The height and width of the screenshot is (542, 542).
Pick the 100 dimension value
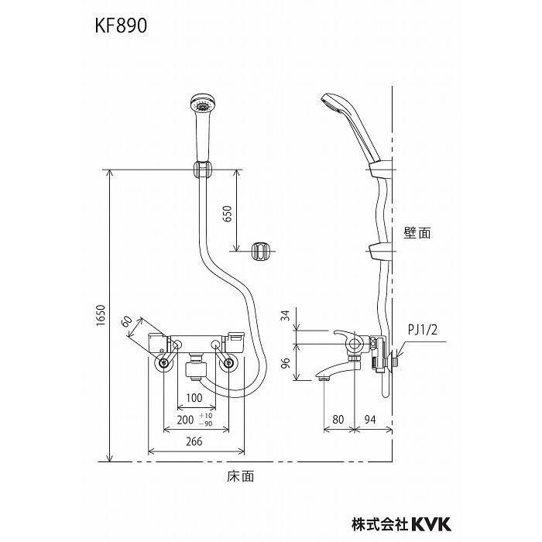coord(194,398)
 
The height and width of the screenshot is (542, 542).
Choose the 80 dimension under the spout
coord(337,419)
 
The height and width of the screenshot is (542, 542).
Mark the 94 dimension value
coord(372,419)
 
